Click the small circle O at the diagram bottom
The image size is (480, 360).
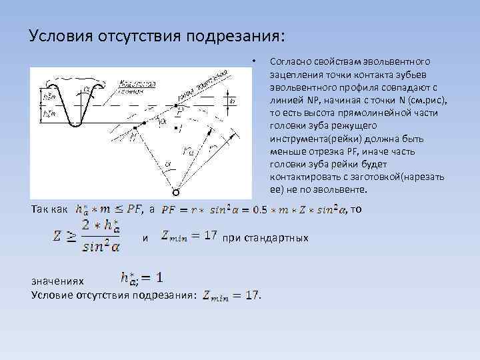175,193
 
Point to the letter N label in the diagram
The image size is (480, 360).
133,136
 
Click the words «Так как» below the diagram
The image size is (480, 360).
49,210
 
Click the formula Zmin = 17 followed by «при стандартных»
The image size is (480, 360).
189,236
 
